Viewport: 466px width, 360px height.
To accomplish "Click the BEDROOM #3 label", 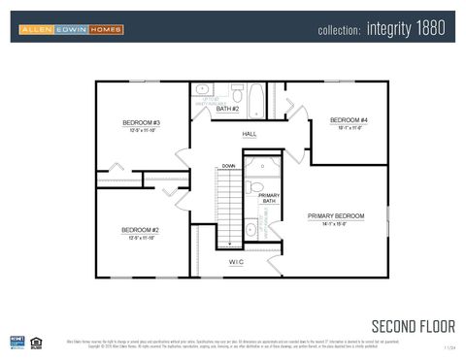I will point(141,122).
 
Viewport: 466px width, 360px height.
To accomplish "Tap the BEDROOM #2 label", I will point(140,229).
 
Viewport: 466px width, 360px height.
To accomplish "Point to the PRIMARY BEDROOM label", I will point(336,214).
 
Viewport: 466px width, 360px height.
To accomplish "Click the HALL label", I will point(250,134).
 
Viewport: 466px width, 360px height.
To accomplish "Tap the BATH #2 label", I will point(227,110).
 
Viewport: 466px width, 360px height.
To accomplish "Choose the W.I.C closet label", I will point(236,262).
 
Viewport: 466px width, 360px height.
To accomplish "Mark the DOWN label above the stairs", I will point(228,166).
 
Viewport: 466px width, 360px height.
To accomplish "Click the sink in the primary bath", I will point(250,230).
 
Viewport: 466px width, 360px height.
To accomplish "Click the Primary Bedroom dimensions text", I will point(335,223).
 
